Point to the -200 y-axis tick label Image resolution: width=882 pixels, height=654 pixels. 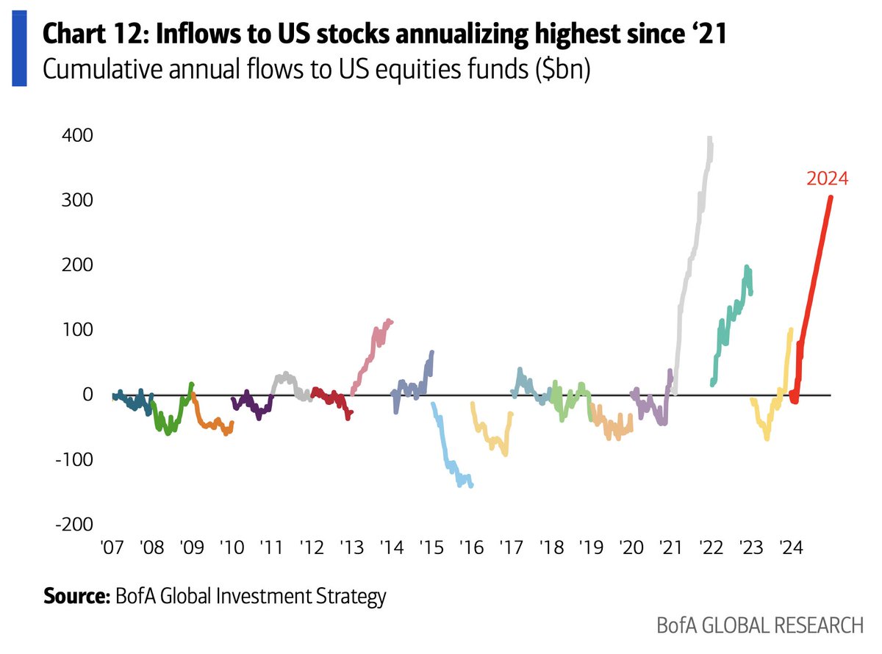coord(73,523)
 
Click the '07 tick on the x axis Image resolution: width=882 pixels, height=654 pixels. coord(112,548)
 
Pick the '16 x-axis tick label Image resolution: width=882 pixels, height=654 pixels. coord(470,548)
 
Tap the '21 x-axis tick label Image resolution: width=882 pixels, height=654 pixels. coord(670,548)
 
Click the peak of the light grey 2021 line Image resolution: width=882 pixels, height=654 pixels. coord(709,137)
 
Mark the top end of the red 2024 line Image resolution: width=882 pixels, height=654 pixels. coord(831,197)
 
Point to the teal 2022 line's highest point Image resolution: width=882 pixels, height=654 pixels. coord(747,267)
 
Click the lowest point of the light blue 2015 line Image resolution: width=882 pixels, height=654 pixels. coord(461,486)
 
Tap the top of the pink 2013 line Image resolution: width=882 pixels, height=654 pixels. coord(389,320)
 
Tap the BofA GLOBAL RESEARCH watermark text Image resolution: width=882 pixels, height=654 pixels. coord(760,627)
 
